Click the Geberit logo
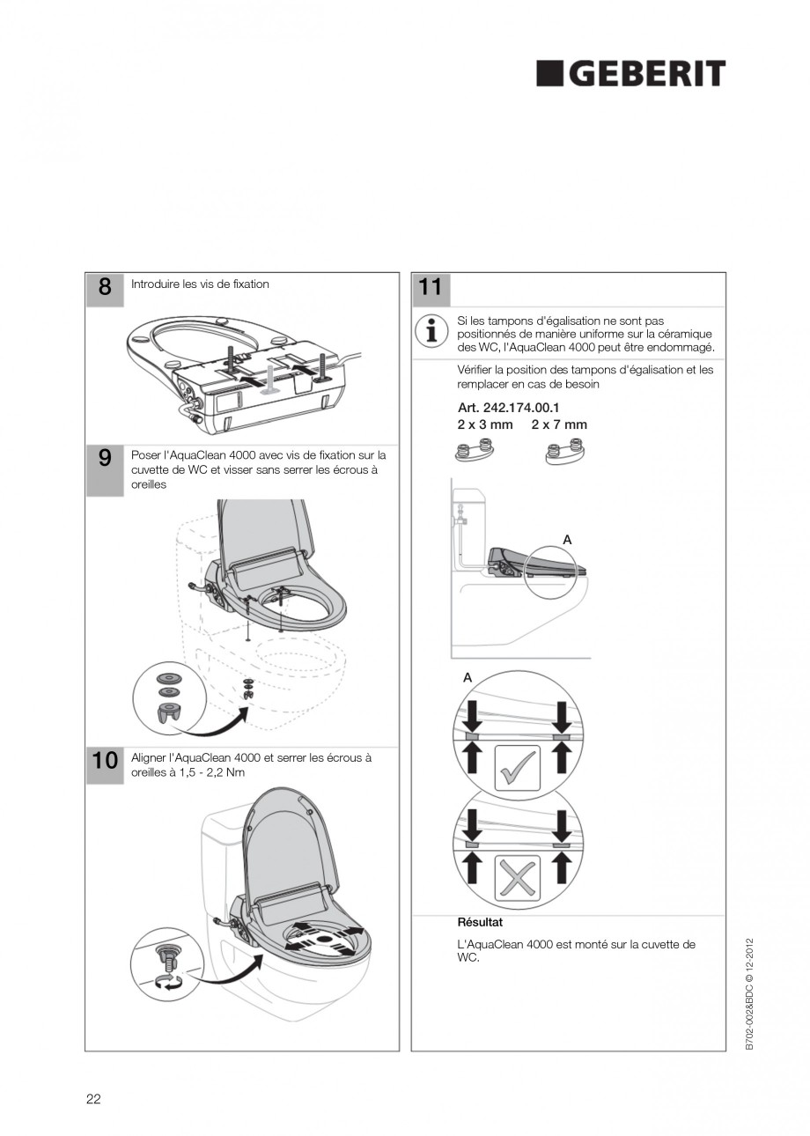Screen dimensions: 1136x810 [x=631, y=74]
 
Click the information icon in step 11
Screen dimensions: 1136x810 [x=431, y=331]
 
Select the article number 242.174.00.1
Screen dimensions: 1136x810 [x=508, y=408]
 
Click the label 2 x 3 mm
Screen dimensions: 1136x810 [x=484, y=424]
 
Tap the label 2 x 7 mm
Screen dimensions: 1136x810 [x=559, y=424]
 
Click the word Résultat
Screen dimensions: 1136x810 [x=480, y=922]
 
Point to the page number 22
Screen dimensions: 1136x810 [x=93, y=1098]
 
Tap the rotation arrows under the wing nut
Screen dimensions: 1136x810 [x=167, y=983]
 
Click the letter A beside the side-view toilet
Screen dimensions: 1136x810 [x=567, y=538]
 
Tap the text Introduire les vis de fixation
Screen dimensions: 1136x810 [x=200, y=284]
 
